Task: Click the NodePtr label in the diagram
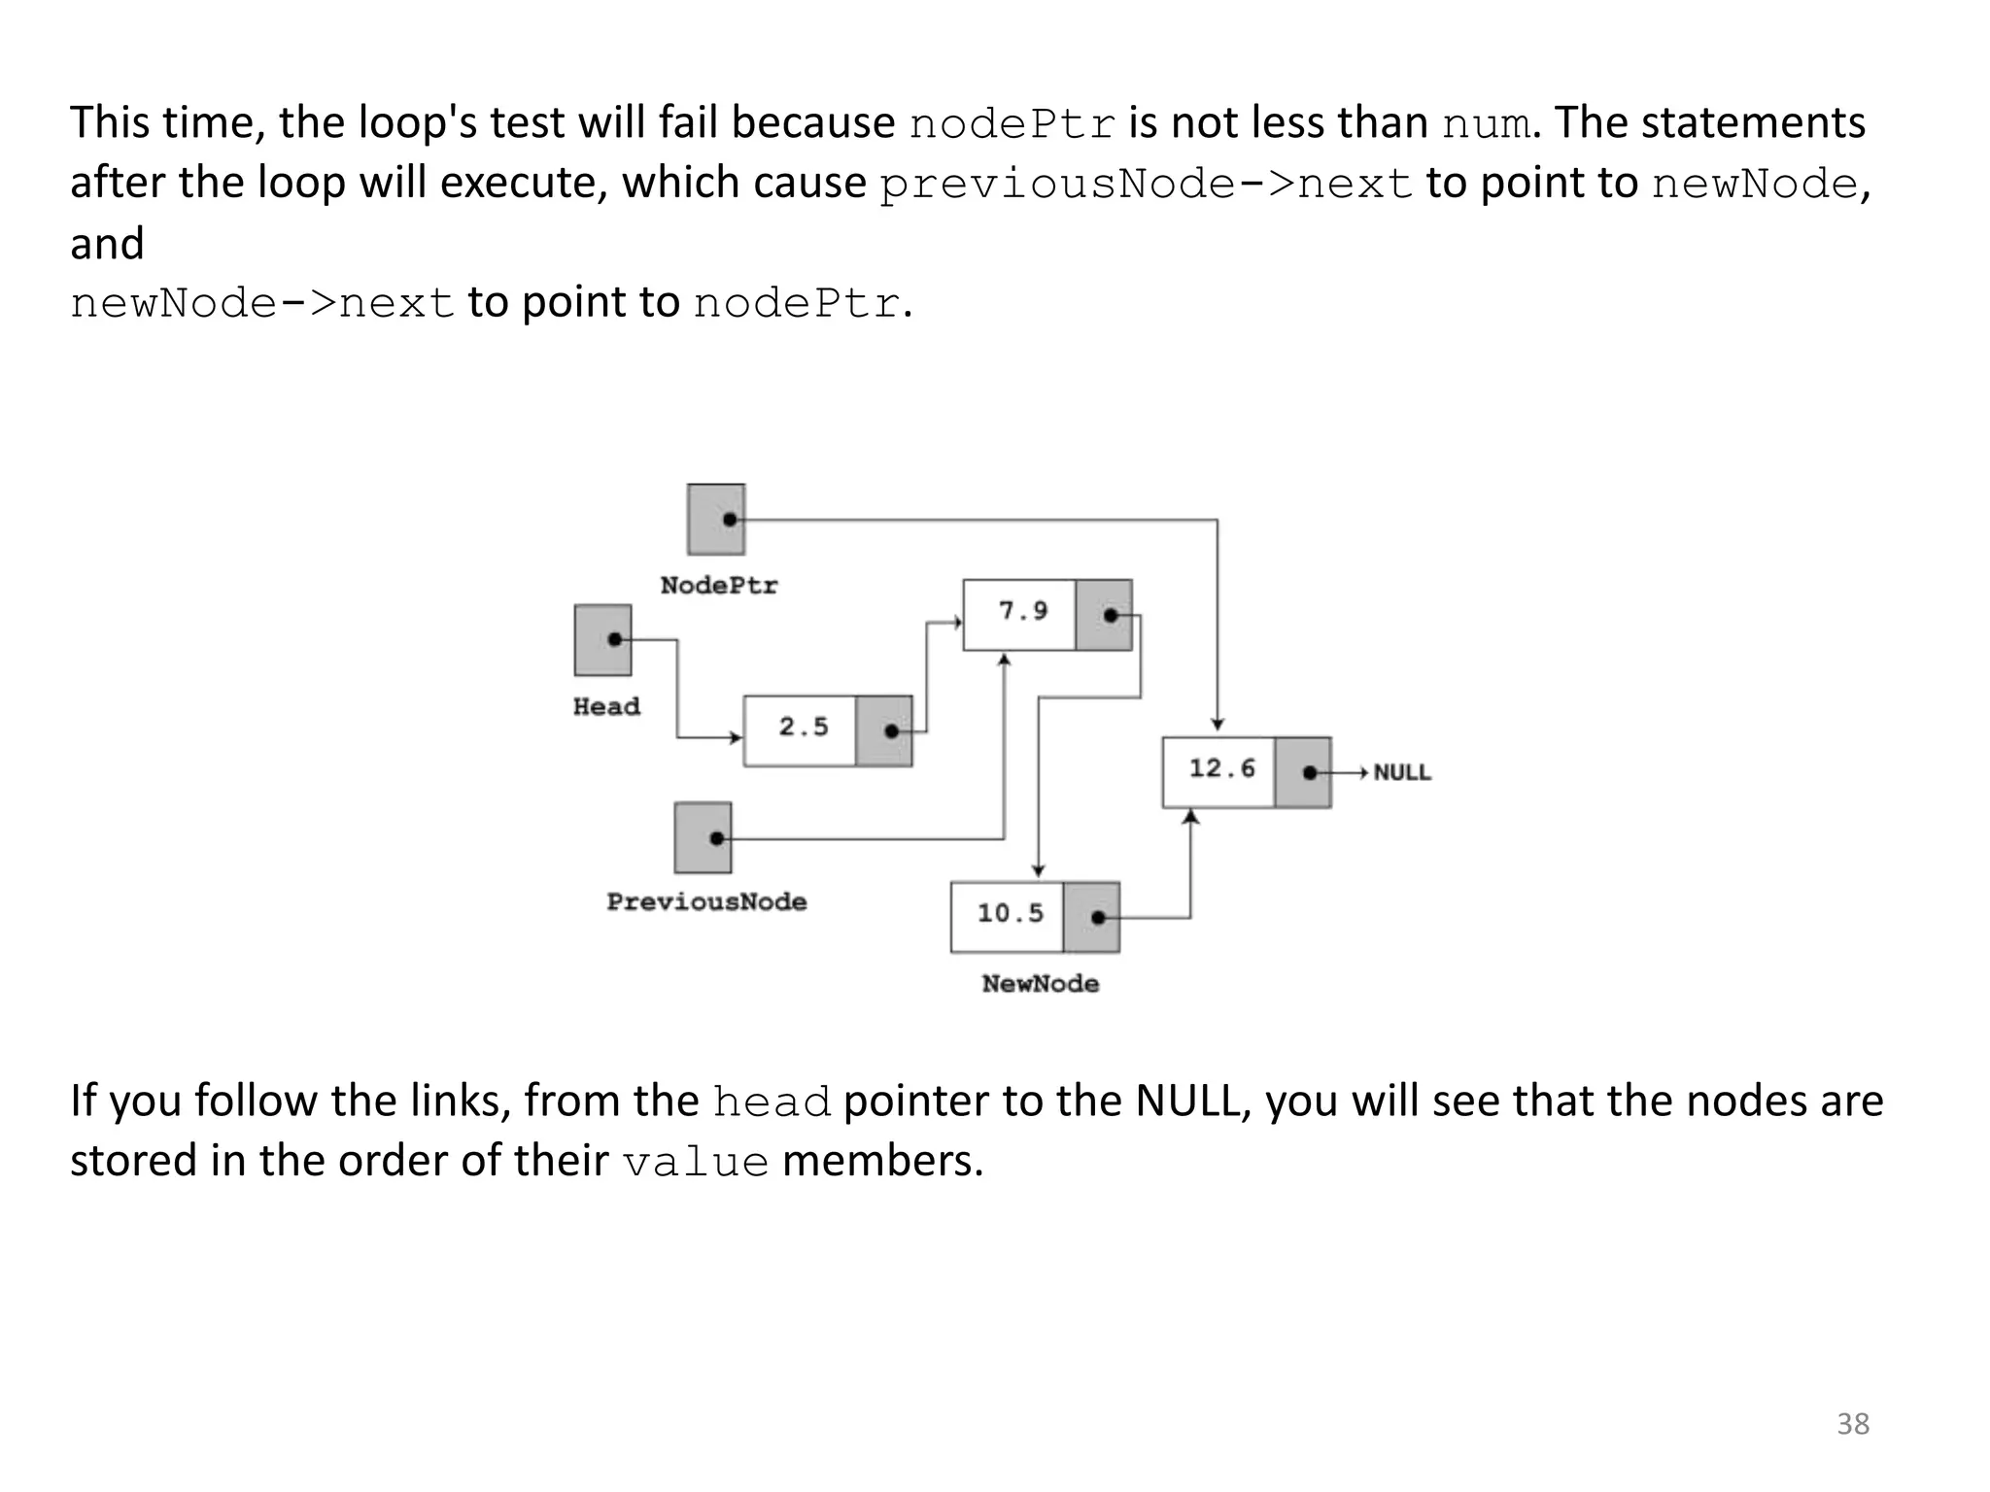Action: [719, 586]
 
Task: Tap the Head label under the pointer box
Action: [606, 707]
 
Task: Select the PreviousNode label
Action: [706, 902]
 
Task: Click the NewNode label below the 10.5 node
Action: [1041, 984]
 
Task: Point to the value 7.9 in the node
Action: [1023, 611]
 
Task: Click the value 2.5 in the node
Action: [804, 727]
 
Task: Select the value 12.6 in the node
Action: [1222, 768]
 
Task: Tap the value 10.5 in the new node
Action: [1011, 913]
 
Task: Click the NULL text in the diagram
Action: [1402, 773]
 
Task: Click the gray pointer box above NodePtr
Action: [716, 520]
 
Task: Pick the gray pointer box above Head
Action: [602, 640]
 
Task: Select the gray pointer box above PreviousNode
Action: [703, 837]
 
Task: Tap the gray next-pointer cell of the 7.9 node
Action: [1104, 615]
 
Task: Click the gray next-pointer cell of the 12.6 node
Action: [1303, 772]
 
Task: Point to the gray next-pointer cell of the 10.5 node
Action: [1091, 917]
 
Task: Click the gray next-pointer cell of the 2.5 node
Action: [884, 730]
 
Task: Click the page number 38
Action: [1853, 1424]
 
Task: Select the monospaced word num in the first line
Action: [1486, 124]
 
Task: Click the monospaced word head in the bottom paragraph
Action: [772, 1102]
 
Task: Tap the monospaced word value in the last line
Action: [696, 1163]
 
